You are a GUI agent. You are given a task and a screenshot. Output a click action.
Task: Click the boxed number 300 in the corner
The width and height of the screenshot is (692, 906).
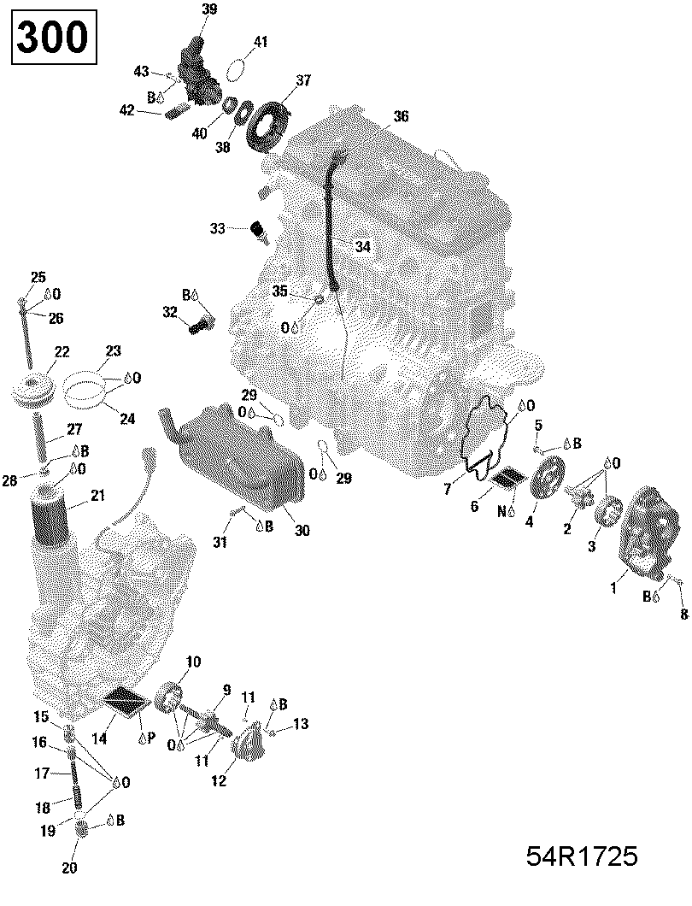[52, 38]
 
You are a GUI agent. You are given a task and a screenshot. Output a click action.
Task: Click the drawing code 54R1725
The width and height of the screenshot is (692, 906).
[582, 857]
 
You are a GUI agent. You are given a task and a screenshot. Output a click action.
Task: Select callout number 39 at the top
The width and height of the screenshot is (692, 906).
[209, 10]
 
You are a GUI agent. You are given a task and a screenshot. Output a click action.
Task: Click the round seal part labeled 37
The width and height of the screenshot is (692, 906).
[267, 125]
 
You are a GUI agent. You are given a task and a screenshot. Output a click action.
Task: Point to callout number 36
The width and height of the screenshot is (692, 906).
[401, 116]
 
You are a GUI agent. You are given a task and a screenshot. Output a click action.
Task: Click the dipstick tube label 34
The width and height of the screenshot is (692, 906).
[363, 246]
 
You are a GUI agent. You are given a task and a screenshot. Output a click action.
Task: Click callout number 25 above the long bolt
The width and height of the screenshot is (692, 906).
[38, 277]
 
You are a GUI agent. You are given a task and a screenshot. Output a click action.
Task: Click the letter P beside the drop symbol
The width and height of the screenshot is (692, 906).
[150, 738]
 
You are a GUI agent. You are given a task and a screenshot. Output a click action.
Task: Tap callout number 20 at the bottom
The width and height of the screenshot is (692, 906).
[69, 868]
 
